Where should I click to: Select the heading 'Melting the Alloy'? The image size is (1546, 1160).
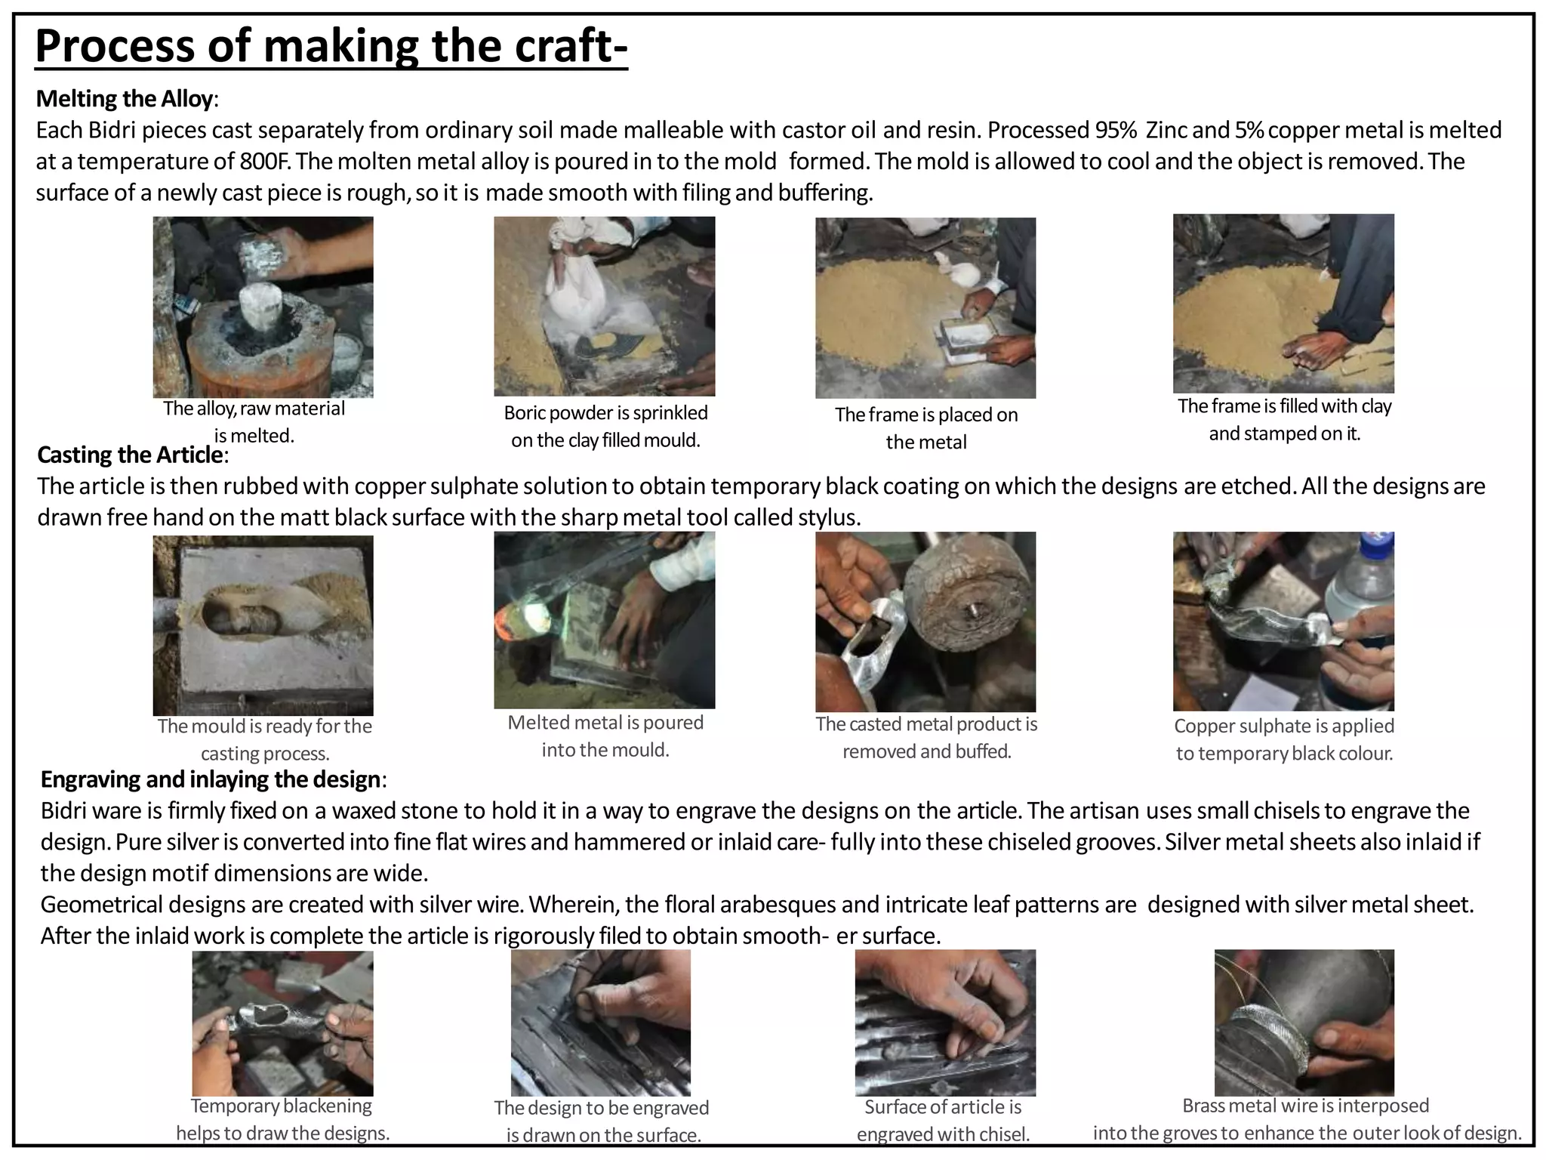pos(125,99)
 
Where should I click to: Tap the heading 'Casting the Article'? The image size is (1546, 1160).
pos(131,455)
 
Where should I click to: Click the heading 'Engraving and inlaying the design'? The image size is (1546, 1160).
pos(211,779)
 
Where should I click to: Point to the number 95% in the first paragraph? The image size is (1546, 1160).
pos(1115,131)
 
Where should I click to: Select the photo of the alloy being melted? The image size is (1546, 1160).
pos(263,307)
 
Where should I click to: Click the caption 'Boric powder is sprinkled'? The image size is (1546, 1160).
pos(605,412)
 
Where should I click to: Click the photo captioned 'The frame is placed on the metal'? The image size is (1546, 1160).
pos(925,307)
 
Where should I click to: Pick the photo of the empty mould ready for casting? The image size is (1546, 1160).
pos(263,625)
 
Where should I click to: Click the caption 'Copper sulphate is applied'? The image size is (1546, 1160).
pos(1283,726)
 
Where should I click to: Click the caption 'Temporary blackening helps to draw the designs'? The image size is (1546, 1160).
pos(282,1118)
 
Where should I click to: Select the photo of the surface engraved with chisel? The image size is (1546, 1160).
pos(944,1023)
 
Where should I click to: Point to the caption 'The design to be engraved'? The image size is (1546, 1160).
pos(602,1107)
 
